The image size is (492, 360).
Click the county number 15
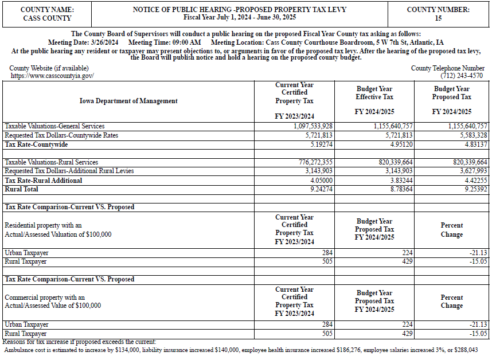tap(438, 18)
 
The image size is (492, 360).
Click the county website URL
tap(52, 76)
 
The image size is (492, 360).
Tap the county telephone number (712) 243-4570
tap(462, 76)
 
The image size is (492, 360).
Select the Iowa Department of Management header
tap(128, 101)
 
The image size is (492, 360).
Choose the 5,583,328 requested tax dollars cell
tap(469, 135)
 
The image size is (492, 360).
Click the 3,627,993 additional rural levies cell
tap(469, 171)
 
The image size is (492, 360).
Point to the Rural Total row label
tap(22, 189)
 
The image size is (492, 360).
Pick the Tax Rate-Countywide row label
tap(36, 145)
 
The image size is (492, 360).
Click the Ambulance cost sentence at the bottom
tap(241, 349)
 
